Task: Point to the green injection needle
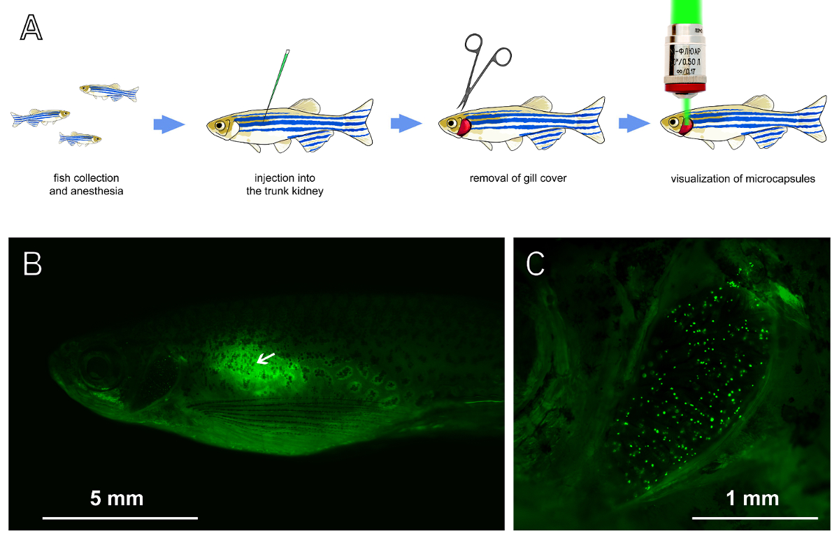tap(277, 84)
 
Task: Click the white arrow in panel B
tap(265, 358)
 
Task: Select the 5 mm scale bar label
tap(117, 499)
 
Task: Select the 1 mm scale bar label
tap(752, 499)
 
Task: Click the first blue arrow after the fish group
tap(168, 124)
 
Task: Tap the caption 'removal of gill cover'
tap(518, 178)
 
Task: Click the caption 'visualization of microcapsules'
tap(743, 178)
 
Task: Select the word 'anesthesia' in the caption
tap(97, 191)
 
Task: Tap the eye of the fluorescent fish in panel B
tap(95, 368)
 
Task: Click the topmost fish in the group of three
tap(108, 90)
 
